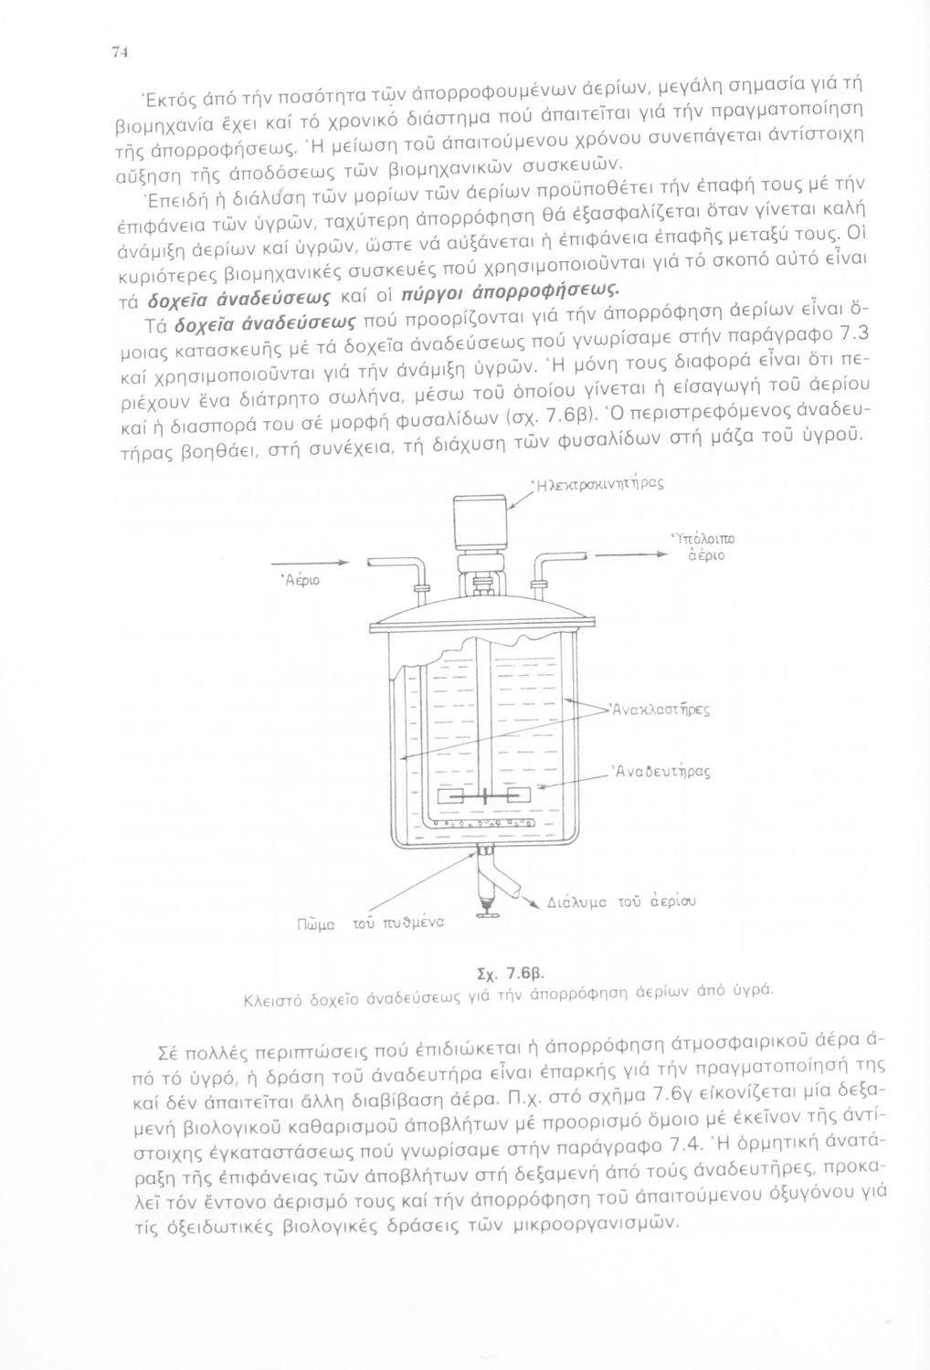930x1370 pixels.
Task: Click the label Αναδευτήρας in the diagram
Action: (662, 772)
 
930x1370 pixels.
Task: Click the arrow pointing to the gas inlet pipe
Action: (312, 564)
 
